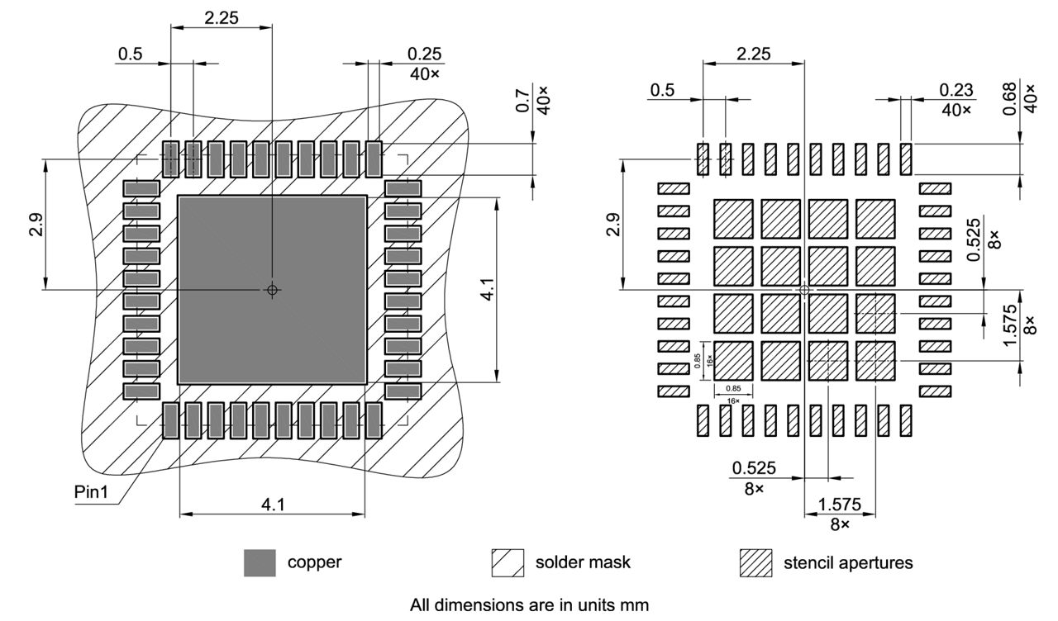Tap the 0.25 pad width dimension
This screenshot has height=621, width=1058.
(425, 54)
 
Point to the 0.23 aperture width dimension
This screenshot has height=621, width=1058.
(956, 89)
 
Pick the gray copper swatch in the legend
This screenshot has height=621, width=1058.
(260, 563)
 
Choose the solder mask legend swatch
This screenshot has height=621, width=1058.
(507, 563)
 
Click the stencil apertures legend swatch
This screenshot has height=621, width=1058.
(755, 563)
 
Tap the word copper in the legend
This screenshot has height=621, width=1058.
(314, 563)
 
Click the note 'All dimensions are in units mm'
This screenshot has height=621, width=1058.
(530, 604)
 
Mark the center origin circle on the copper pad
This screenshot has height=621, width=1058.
(272, 290)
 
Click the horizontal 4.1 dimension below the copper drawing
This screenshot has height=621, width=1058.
(273, 504)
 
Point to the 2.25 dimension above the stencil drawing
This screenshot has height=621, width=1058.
(753, 54)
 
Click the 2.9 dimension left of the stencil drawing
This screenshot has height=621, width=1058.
(612, 220)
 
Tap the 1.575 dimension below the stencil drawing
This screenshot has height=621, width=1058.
(840, 505)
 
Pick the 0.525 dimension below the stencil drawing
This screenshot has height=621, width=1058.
(753, 468)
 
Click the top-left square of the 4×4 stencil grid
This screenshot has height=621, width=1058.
(733, 219)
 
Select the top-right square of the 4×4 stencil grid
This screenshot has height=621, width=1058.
(876, 219)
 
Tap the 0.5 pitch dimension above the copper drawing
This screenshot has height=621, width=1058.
(130, 54)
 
